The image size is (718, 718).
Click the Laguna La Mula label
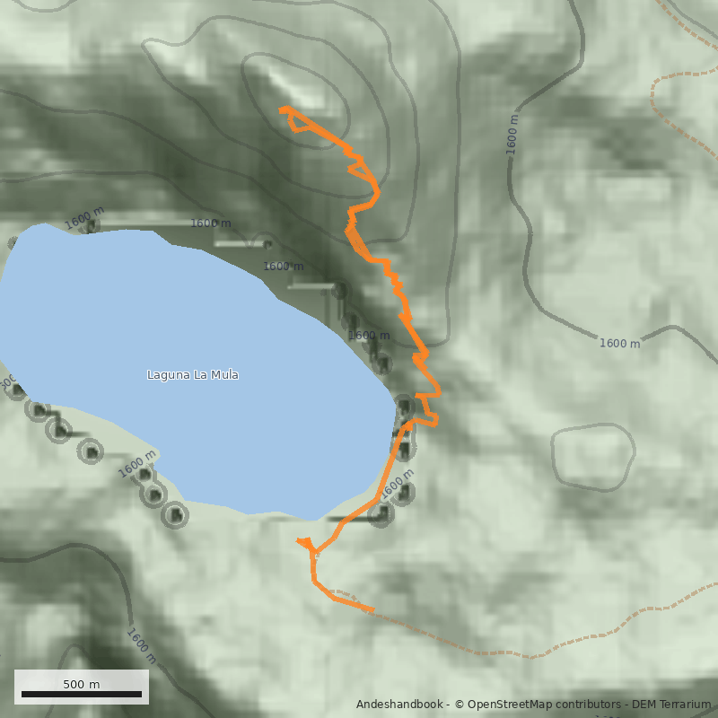[192, 374]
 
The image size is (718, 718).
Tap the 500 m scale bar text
[81, 684]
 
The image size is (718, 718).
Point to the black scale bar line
[81, 695]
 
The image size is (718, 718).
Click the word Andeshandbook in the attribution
[399, 705]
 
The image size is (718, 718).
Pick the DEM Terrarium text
[670, 705]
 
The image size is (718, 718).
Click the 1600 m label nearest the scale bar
[141, 646]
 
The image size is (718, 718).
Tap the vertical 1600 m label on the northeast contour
[512, 135]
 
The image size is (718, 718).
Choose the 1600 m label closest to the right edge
[619, 343]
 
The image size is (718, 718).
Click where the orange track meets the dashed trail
[371, 610]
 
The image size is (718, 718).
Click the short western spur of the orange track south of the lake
[302, 541]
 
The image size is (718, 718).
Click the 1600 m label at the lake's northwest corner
[84, 216]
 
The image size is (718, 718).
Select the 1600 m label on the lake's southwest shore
[136, 468]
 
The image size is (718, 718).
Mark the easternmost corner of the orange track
[440, 391]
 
